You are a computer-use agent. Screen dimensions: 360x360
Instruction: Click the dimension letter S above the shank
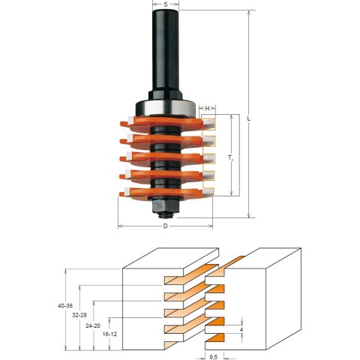tap(166, 4)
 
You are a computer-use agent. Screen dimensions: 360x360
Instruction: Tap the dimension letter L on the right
tap(249, 119)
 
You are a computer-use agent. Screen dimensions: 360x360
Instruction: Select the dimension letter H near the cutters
tap(207, 108)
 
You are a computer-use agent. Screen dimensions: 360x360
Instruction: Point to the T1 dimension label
tap(230, 157)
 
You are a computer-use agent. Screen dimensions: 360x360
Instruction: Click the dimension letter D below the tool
tap(165, 226)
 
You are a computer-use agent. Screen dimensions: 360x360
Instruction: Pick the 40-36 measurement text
tap(64, 305)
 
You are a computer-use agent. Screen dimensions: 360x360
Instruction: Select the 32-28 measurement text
tap(79, 315)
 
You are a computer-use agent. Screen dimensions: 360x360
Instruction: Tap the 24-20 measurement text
tap(93, 325)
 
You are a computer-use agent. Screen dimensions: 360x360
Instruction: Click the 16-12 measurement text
tap(109, 334)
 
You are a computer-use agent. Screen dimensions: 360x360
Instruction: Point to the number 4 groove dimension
tap(241, 330)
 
